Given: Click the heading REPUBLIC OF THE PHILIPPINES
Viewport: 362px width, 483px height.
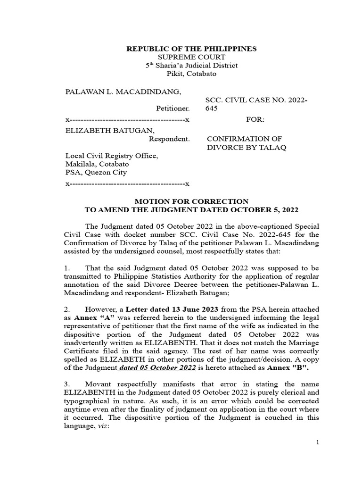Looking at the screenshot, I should tap(190, 49).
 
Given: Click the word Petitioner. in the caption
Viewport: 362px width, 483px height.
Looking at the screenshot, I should tap(173, 108).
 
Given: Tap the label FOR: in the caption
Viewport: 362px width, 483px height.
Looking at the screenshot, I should tap(255, 120).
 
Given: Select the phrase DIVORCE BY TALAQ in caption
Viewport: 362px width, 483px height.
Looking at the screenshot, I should tap(247, 148).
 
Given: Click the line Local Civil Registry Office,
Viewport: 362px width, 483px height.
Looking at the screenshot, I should tap(111, 156).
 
